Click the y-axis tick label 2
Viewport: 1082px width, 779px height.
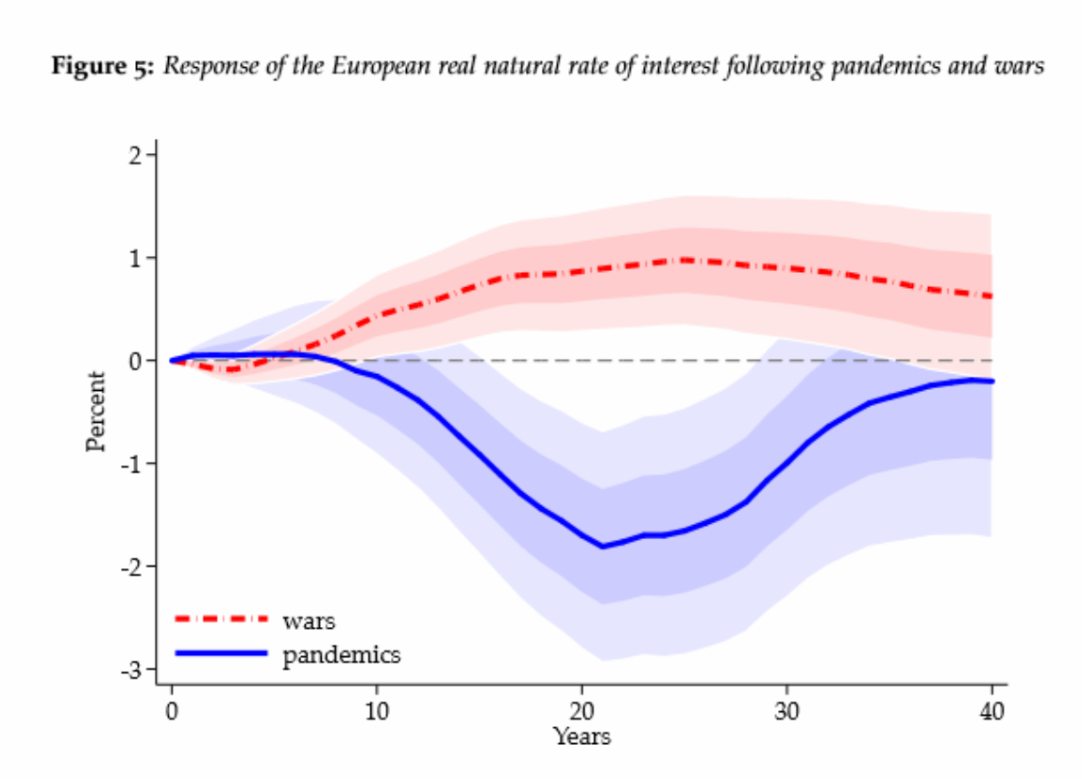coord(135,155)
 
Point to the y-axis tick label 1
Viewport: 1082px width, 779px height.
coord(135,258)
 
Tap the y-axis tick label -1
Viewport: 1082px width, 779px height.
coord(130,464)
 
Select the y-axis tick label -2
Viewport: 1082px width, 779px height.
coord(130,567)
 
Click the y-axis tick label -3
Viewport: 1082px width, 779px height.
coord(130,669)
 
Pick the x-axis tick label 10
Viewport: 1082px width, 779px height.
coord(377,710)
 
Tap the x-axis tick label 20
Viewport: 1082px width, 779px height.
coord(582,710)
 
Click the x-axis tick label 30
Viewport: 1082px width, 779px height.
coord(786,710)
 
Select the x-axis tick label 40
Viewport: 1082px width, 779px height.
coord(991,710)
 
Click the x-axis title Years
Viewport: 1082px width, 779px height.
coord(582,737)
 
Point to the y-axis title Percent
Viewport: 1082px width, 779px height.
coord(96,412)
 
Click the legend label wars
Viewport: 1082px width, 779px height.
coord(309,621)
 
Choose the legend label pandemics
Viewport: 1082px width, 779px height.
coord(342,654)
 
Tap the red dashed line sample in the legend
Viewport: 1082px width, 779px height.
coord(221,618)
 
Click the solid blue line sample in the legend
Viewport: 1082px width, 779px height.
coord(221,652)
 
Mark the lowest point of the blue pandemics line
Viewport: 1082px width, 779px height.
coord(602,547)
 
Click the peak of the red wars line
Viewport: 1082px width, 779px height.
coord(685,260)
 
